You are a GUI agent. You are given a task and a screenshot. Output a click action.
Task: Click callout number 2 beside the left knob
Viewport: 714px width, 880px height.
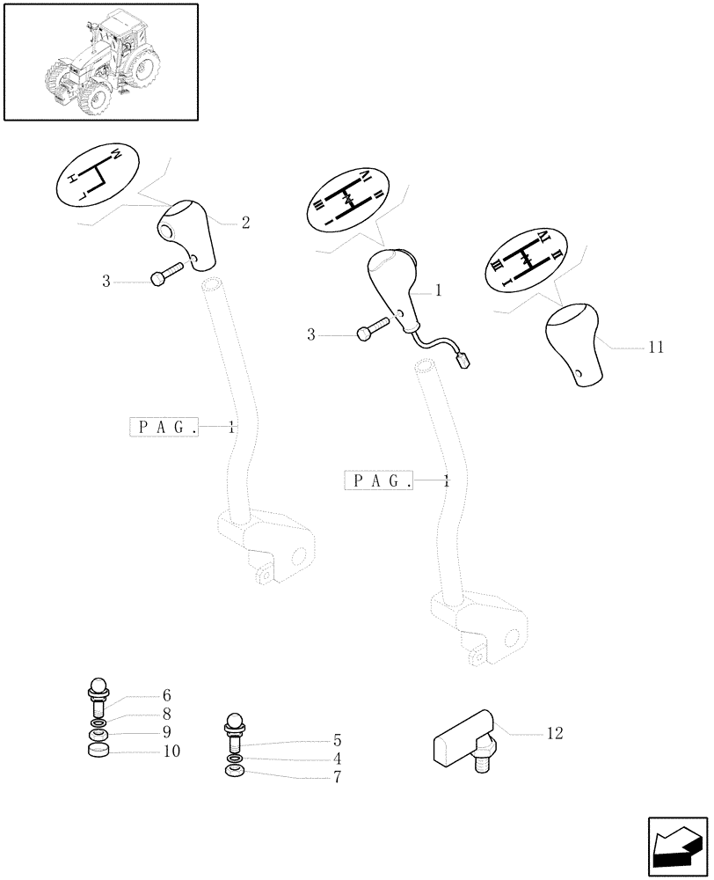[x=245, y=223]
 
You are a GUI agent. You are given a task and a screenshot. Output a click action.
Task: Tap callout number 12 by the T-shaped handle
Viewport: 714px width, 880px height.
[x=554, y=732]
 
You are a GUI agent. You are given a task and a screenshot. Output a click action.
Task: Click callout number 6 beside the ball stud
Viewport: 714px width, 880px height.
[x=166, y=694]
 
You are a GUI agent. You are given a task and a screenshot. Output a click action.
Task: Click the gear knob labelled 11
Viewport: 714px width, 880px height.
[x=573, y=344]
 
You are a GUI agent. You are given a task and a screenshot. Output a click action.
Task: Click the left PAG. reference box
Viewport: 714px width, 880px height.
[x=164, y=427]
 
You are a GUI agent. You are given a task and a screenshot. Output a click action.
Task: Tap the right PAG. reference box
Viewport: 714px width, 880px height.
[x=379, y=480]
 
